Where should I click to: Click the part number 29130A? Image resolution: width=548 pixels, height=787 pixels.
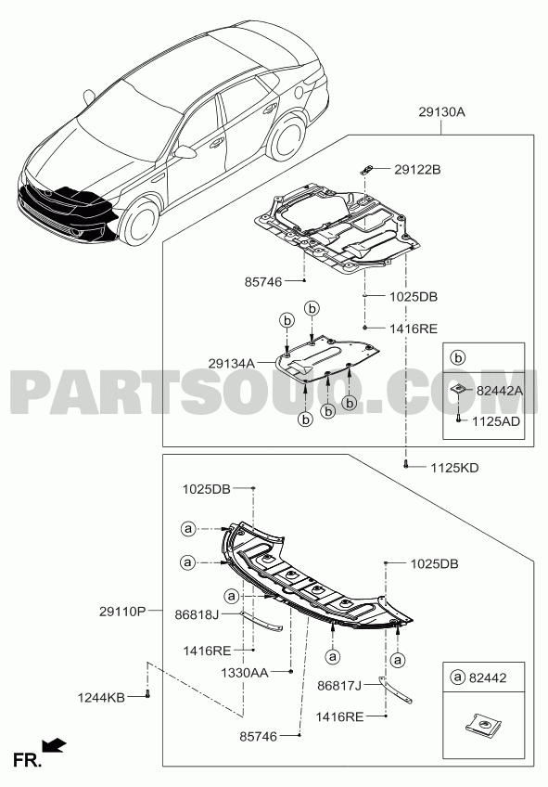point(441,112)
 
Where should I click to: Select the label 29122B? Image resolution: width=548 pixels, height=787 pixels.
point(417,170)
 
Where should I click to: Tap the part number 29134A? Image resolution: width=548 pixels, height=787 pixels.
point(232,364)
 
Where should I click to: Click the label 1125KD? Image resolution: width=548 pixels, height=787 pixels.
point(454,468)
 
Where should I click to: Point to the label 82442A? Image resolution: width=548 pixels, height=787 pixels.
point(500,391)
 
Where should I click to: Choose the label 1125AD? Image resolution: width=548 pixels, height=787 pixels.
point(496,421)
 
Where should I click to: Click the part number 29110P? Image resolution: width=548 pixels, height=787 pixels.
point(122,612)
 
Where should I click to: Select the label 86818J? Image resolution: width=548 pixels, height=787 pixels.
point(198,613)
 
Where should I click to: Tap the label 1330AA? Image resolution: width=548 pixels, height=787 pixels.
point(245,672)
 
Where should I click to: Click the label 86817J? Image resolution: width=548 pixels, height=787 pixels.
point(339,685)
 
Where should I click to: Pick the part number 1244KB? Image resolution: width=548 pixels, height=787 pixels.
point(101,697)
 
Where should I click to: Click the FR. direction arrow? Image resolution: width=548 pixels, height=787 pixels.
point(54,746)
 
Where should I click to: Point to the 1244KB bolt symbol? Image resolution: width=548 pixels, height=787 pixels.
point(147,694)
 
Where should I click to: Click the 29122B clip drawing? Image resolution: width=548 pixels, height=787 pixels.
point(365,169)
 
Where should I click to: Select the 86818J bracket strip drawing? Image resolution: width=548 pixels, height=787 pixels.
point(261,620)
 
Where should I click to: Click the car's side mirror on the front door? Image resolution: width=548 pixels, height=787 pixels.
point(185,152)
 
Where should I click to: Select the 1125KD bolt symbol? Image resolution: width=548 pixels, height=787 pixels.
point(406,465)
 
